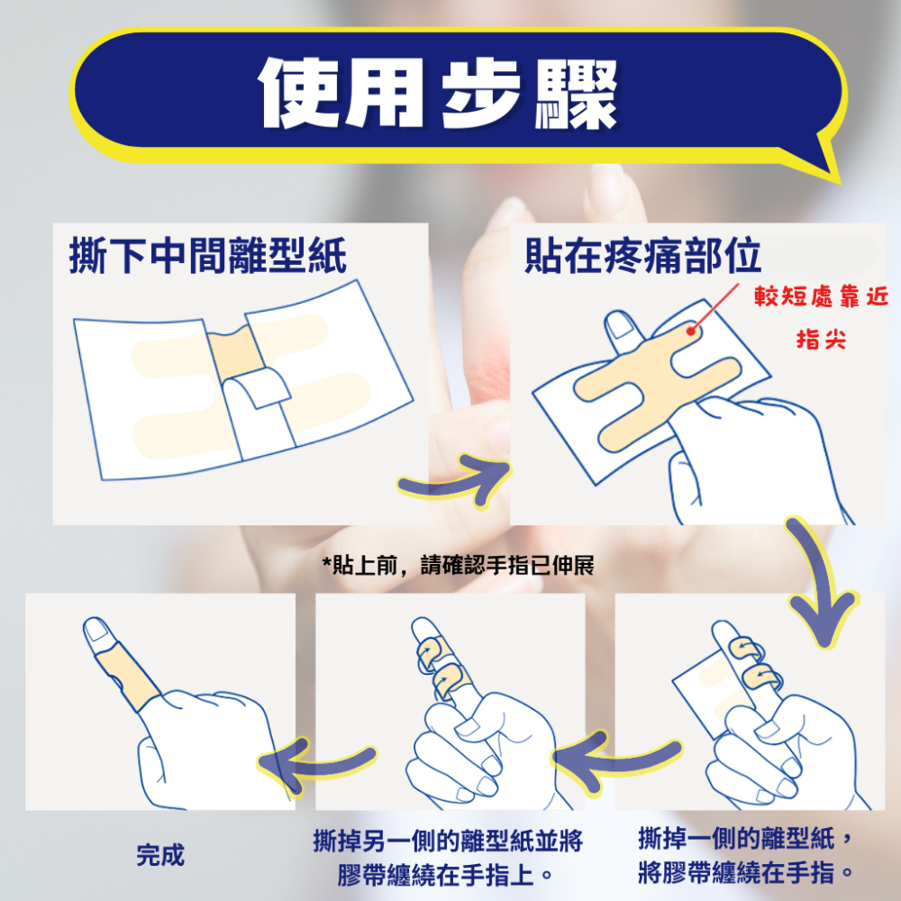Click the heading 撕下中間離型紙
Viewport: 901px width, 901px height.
[x=208, y=257]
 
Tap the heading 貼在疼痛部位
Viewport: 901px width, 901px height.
[x=642, y=257]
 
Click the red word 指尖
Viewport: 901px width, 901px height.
[x=821, y=341]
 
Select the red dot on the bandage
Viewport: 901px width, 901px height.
[x=691, y=331]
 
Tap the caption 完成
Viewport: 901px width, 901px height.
[x=160, y=855]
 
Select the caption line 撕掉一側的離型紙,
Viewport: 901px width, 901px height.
[x=744, y=840]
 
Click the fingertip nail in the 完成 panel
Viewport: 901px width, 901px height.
[x=94, y=631]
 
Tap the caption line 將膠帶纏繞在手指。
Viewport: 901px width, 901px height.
[x=744, y=873]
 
